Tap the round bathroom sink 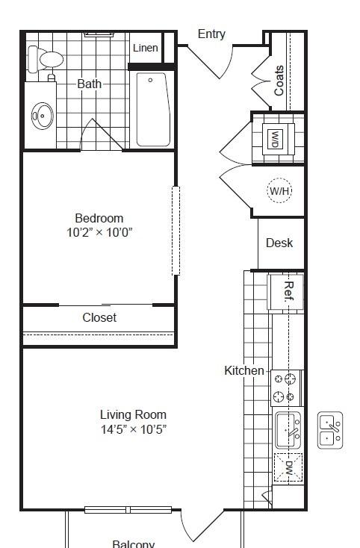click(43, 115)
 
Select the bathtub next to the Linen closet click(153, 109)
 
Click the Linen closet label click(146, 48)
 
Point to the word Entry click(211, 34)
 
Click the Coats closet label click(279, 81)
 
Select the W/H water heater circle click(279, 191)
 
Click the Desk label click(279, 243)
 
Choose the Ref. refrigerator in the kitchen click(285, 292)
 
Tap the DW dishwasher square click(288, 467)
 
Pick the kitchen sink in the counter click(288, 430)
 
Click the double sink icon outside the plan click(330, 430)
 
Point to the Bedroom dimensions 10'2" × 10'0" click(99, 232)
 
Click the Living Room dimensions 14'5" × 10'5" click(134, 429)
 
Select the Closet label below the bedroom click(99, 317)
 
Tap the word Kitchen click(244, 370)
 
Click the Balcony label click(133, 544)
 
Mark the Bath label click(89, 84)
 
